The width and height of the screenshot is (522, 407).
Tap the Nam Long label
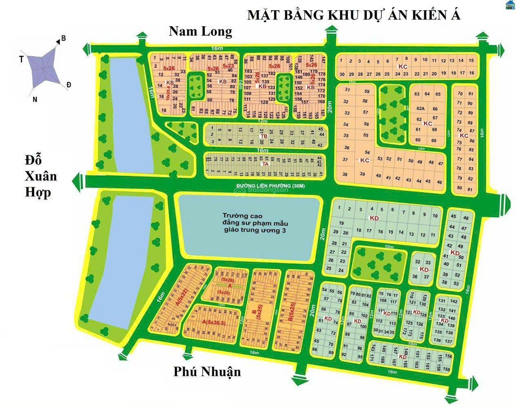tap(201, 31)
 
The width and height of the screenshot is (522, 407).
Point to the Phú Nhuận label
tap(207, 372)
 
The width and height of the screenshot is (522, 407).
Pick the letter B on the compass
tap(63, 39)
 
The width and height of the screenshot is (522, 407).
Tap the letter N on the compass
tap(35, 99)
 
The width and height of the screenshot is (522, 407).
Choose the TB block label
tap(264, 136)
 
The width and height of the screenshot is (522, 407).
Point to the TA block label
tap(265, 164)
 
